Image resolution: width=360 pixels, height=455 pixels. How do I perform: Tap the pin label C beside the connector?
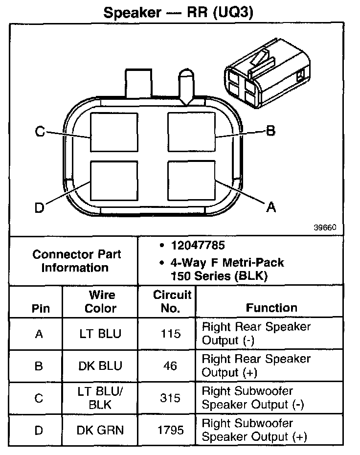tap(40, 132)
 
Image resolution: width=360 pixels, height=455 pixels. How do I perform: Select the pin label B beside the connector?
tap(270, 131)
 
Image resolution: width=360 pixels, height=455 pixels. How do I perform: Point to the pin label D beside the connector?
tap(39, 208)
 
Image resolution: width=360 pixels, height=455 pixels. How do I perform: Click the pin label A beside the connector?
tap(270, 208)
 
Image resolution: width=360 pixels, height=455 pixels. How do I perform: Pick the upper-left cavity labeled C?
tap(114, 132)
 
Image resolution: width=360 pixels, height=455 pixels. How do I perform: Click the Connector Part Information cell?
tap(76, 261)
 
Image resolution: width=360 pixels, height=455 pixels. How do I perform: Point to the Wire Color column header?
tap(101, 301)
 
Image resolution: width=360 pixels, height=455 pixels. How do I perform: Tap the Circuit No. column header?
tap(172, 301)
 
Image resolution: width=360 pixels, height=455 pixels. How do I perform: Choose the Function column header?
tap(271, 308)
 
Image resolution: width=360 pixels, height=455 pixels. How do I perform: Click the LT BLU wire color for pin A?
tap(100, 334)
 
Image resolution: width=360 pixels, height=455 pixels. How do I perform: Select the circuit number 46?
tap(170, 366)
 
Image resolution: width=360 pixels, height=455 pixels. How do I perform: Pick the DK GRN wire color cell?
tap(100, 430)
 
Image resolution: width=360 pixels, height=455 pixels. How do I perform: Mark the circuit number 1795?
tap(170, 430)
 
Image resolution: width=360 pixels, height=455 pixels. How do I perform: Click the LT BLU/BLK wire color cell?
tap(100, 398)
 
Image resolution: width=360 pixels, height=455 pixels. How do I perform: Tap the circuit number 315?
tap(170, 398)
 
